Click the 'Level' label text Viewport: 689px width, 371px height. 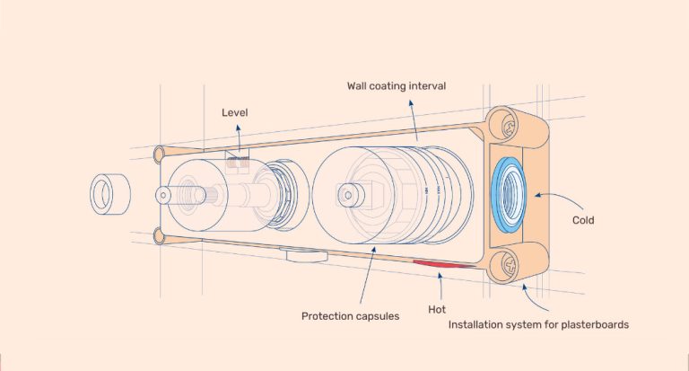(x=235, y=112)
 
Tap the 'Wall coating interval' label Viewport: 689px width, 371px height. (x=397, y=86)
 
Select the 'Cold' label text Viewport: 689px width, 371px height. (x=583, y=220)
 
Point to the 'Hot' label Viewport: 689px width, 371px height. (x=437, y=310)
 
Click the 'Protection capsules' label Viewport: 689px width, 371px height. (x=350, y=316)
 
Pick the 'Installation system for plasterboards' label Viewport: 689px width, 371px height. (x=538, y=325)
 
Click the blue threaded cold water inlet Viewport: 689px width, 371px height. (x=509, y=194)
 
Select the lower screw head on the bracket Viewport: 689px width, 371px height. (x=509, y=264)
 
